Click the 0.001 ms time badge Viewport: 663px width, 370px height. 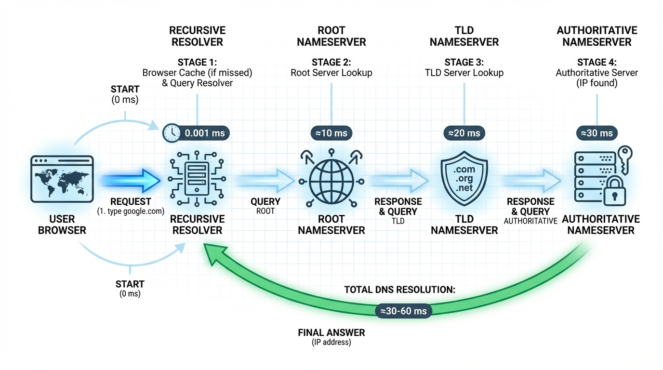(204, 133)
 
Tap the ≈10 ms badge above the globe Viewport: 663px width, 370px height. (331, 133)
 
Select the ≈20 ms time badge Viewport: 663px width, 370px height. (464, 133)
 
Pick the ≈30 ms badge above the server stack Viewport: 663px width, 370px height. (597, 133)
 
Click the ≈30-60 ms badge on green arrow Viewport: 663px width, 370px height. (404, 311)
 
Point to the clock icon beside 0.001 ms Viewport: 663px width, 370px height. (171, 133)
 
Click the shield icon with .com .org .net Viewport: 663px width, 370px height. (464, 178)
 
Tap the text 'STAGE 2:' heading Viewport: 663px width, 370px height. (331, 62)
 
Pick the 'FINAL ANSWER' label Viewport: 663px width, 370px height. (331, 332)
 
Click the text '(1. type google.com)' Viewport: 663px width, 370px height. (131, 211)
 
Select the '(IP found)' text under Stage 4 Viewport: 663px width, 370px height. (597, 83)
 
